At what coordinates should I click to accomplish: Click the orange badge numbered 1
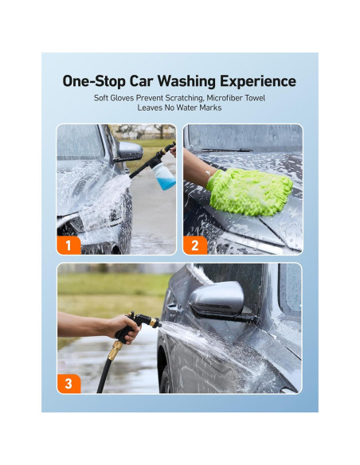pyautogui.click(x=68, y=245)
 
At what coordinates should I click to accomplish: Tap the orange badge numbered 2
pyautogui.click(x=195, y=245)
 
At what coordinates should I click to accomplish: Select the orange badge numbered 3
pyautogui.click(x=68, y=384)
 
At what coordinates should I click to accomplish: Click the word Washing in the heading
pyautogui.click(x=186, y=81)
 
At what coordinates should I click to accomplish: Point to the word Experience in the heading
pyautogui.click(x=258, y=81)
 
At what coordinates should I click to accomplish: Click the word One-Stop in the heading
pyautogui.click(x=94, y=81)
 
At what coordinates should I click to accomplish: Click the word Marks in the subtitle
pyautogui.click(x=210, y=107)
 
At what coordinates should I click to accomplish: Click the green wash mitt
pyautogui.click(x=249, y=191)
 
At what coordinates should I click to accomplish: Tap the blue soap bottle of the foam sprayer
pyautogui.click(x=163, y=176)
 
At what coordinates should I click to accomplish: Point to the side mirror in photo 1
pyautogui.click(x=130, y=151)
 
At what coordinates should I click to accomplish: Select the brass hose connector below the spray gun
pyautogui.click(x=115, y=350)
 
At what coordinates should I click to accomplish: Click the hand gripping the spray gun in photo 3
pyautogui.click(x=124, y=328)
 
